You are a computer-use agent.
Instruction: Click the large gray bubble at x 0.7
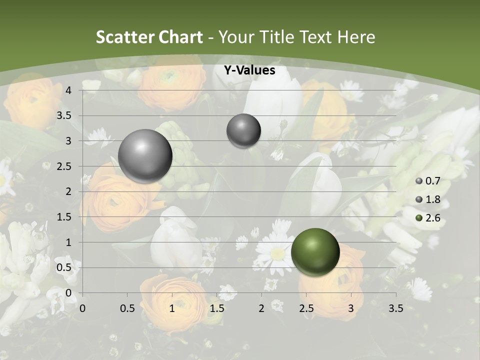tap(145, 156)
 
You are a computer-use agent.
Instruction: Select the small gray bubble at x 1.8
tap(243, 131)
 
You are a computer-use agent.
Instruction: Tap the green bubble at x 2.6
tap(315, 252)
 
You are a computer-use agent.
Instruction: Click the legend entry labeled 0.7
tap(428, 181)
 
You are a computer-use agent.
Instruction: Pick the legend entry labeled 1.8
tap(428, 199)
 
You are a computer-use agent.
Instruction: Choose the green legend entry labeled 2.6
tap(428, 218)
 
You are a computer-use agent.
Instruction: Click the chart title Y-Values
tap(249, 70)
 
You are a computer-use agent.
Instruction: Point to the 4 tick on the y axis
tap(68, 90)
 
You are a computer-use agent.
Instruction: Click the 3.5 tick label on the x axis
tap(395, 308)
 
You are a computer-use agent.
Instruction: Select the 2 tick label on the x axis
tap(261, 308)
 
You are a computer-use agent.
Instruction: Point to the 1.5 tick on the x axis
tap(216, 308)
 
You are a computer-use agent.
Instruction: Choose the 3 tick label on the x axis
tap(351, 308)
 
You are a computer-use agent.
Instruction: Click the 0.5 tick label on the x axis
tap(127, 308)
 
